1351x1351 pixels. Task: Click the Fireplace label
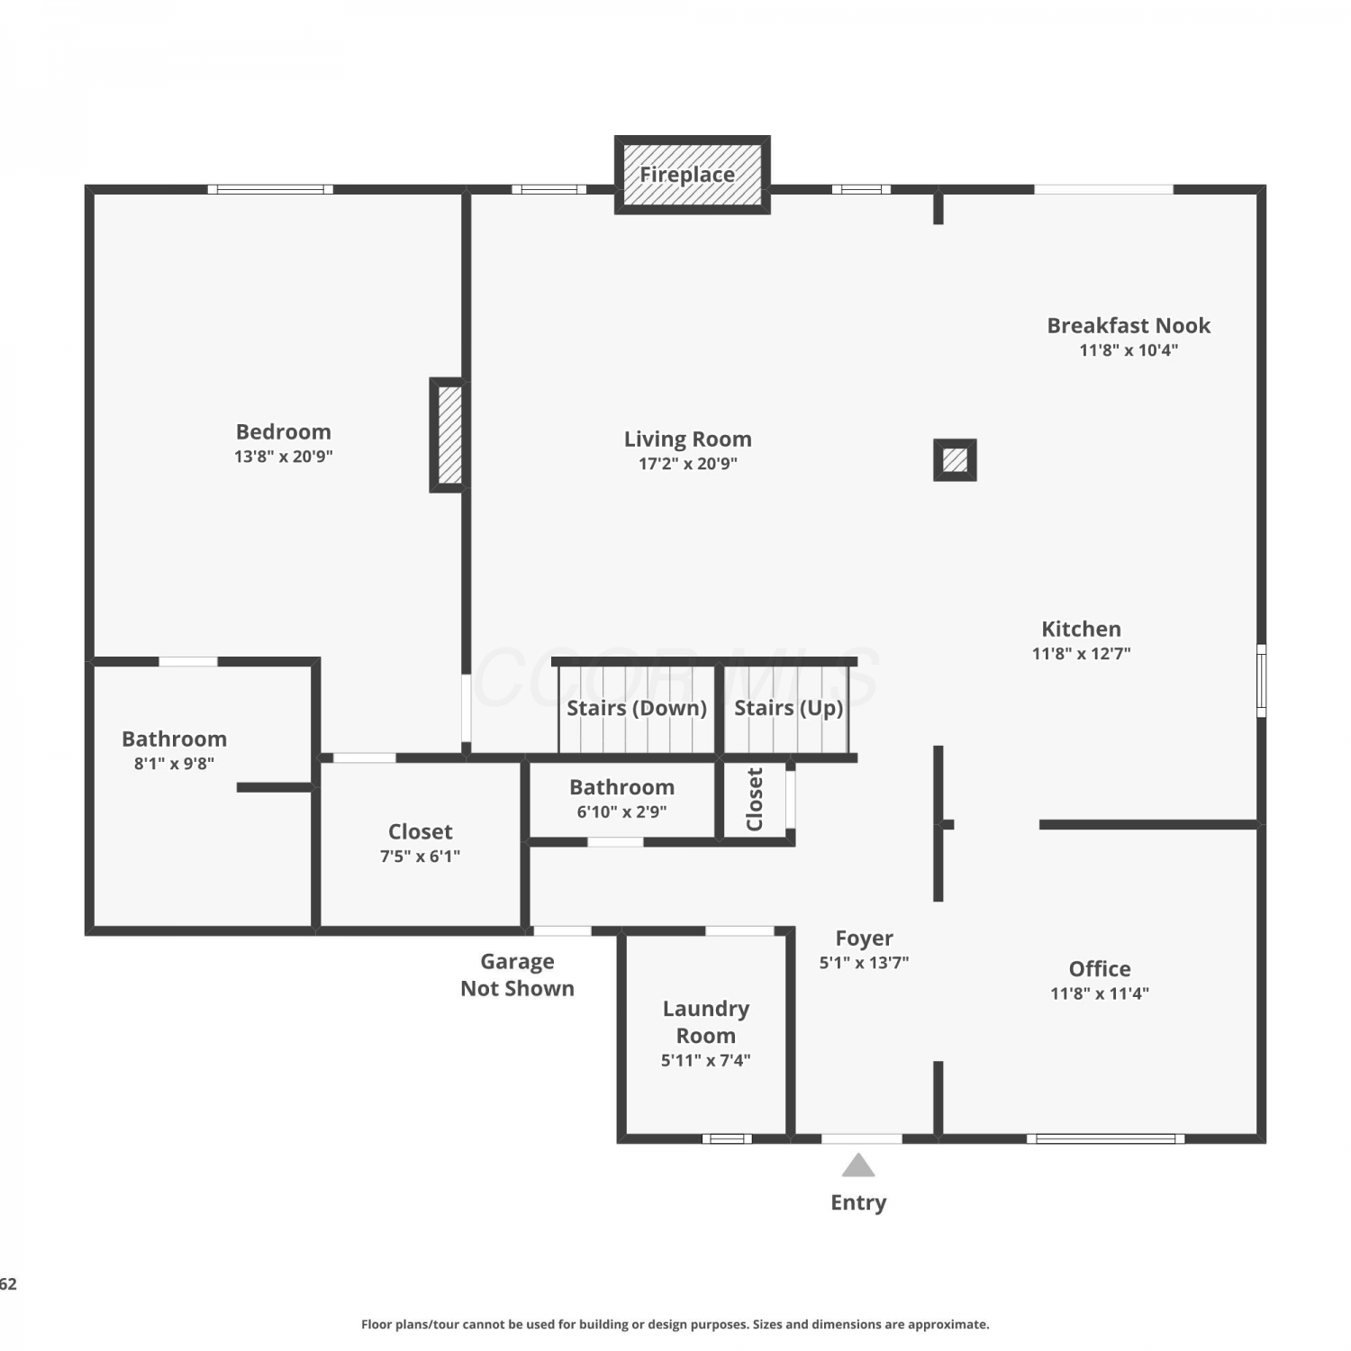pos(687,175)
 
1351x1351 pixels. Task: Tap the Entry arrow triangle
pos(858,1165)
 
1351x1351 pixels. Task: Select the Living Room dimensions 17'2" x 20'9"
pos(688,464)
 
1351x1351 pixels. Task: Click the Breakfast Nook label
pos(1129,325)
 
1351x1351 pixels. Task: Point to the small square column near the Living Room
pos(955,460)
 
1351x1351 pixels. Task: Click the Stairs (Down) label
pos(637,708)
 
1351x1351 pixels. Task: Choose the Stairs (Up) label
pos(789,708)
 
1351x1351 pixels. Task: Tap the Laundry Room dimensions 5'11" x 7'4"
pos(706,1060)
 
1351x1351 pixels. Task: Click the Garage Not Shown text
pos(517,975)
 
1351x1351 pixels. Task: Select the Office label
pos(1100,969)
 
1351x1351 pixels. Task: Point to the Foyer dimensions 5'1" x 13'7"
pos(864,963)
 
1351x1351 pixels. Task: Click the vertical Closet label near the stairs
pos(755,799)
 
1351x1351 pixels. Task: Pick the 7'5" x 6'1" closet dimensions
pos(420,857)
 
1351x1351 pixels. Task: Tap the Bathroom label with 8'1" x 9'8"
pos(174,739)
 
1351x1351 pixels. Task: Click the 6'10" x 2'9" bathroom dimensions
pos(622,812)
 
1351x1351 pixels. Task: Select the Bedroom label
pos(284,432)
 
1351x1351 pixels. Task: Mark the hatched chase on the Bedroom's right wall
pos(449,435)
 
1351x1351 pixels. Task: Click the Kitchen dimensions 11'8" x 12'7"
pos(1082,654)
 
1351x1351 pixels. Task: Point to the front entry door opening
pos(862,1138)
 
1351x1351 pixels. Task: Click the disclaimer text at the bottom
pos(675,1324)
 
